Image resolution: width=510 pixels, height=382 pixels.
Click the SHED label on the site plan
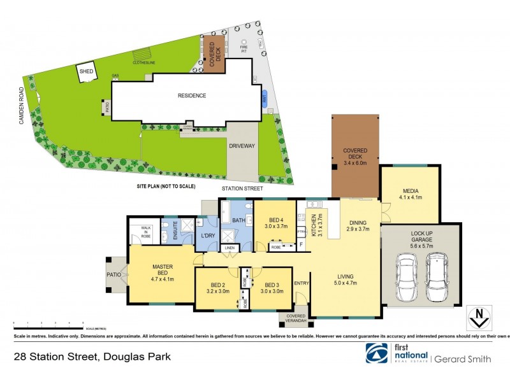click(x=86, y=72)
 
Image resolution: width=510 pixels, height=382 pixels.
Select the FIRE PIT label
click(x=243, y=47)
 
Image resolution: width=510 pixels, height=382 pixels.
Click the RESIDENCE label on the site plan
click(x=192, y=95)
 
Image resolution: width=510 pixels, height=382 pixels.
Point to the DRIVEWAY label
click(x=242, y=146)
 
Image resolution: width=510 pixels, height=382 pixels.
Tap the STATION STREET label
click(x=241, y=189)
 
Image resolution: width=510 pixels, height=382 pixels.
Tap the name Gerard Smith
click(x=463, y=359)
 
